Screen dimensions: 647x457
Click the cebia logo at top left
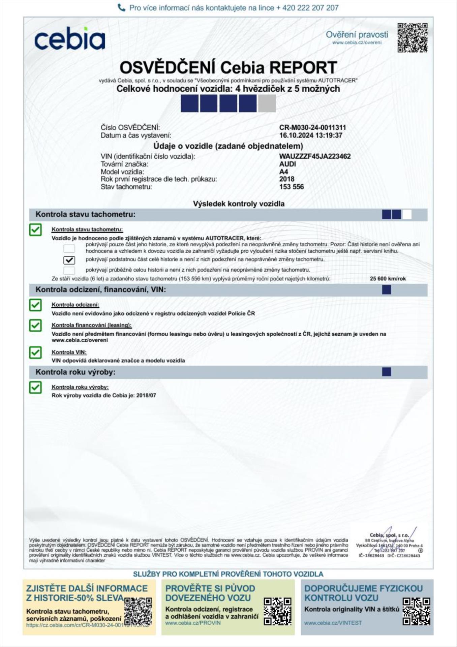pos(70,38)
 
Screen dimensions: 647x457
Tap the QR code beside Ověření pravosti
pos(412,38)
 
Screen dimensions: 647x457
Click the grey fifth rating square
pos(267,103)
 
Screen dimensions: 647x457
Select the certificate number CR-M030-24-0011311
pos(312,127)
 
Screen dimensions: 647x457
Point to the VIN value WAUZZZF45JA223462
pos(315,156)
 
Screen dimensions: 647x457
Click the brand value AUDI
pos(287,164)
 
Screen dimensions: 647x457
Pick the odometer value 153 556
pos(291,187)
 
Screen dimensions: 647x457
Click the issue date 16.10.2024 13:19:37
pos(310,135)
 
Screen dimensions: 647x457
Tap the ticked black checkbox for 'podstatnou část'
pos(69,260)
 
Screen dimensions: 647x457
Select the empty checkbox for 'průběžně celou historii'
pos(69,270)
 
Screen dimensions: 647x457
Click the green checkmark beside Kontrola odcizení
pos(35,305)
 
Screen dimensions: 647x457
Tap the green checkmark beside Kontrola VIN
pos(35,352)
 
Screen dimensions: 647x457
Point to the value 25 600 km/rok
pos(388,279)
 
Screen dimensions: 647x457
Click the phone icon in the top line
pos(121,7)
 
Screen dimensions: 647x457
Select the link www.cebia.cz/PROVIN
pos(193,623)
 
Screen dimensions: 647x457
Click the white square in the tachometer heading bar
pos(407,214)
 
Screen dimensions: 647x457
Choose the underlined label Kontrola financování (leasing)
pos(91,325)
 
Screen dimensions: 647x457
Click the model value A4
pos(283,172)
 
